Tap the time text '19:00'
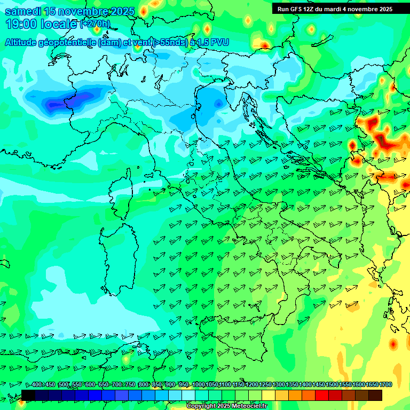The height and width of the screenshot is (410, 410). pyautogui.click(x=22, y=24)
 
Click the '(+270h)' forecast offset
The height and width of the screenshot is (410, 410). pyautogui.click(x=95, y=24)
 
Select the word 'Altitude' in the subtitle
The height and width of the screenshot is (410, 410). pyautogui.click(x=21, y=42)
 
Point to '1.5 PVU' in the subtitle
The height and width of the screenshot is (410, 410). pyautogui.click(x=212, y=42)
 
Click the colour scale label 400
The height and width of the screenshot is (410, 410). pyautogui.click(x=37, y=385)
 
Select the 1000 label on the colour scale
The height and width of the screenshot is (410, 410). pyautogui.click(x=198, y=385)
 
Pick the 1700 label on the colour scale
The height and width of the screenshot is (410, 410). pyautogui.click(x=372, y=385)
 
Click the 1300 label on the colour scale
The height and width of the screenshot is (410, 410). pyautogui.click(x=278, y=385)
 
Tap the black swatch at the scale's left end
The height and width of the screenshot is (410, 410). pyautogui.click(x=28, y=395)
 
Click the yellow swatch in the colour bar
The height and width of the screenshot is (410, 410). pyautogui.click(x=269, y=395)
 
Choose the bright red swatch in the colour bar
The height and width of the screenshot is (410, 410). pyautogui.click(x=322, y=395)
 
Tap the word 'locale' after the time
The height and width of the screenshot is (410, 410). pyautogui.click(x=58, y=24)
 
